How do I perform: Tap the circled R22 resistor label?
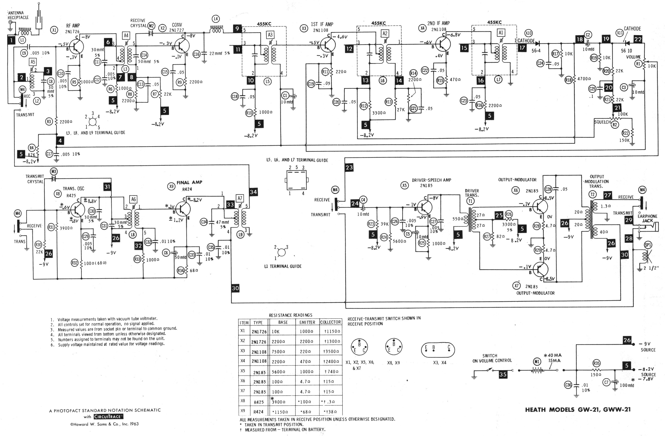tap(625, 133)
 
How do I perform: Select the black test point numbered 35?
tap(503, 374)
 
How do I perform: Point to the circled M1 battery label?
tap(537, 362)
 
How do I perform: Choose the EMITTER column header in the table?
tap(307, 322)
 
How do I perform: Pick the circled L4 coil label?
tap(216, 19)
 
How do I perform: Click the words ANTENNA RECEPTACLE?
tap(18, 15)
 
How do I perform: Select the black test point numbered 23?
tap(349, 168)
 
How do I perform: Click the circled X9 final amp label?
tap(171, 186)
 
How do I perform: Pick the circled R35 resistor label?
tap(597, 363)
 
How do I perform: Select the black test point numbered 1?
tap(11, 40)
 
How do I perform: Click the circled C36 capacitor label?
tap(568, 385)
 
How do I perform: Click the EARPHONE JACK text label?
tap(647, 218)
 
